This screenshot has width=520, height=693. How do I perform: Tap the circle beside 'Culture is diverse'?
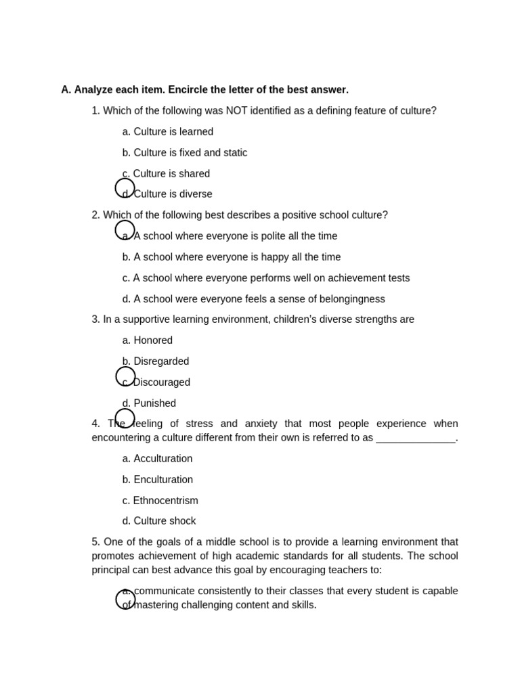pyautogui.click(x=125, y=188)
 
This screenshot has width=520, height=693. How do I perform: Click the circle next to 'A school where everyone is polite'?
pyautogui.click(x=125, y=230)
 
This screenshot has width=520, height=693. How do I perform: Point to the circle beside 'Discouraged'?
pyautogui.click(x=125, y=376)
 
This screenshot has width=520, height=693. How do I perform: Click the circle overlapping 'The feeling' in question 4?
pyautogui.click(x=125, y=418)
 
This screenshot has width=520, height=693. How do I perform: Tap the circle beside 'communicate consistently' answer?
pyautogui.click(x=125, y=600)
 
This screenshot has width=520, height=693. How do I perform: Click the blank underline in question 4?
pyautogui.click(x=416, y=439)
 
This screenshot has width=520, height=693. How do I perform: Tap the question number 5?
pyautogui.click(x=95, y=542)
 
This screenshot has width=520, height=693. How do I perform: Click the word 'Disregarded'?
pyautogui.click(x=161, y=361)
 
